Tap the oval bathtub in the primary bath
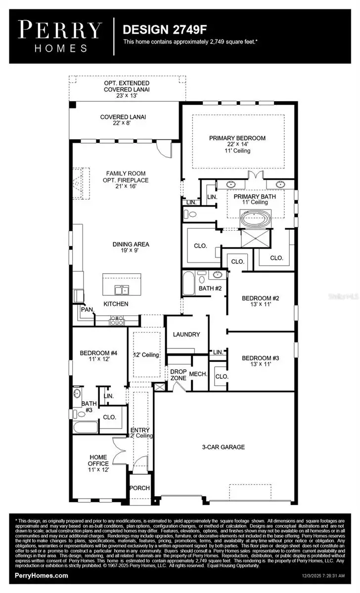tap(255, 218)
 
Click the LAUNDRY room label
tap(186, 335)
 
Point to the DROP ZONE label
tap(178, 375)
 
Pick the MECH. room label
tap(198, 375)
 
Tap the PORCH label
tap(139, 488)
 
